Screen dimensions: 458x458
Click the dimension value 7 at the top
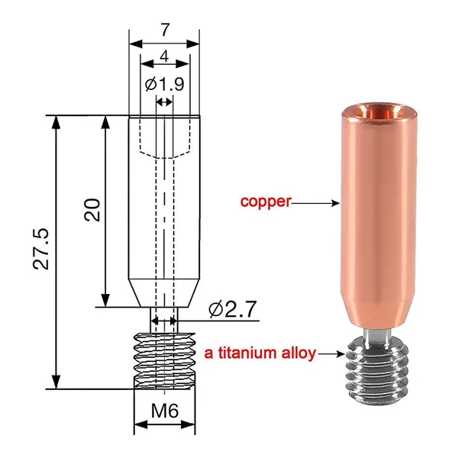pyautogui.click(x=165, y=30)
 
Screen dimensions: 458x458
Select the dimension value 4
pyautogui.click(x=165, y=56)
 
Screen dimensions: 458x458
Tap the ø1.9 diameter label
pyautogui.click(x=165, y=85)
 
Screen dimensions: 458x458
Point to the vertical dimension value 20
pyautogui.click(x=92, y=210)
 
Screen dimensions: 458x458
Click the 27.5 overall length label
pyautogui.click(x=40, y=249)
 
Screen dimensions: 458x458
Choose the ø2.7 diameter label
pyautogui.click(x=233, y=309)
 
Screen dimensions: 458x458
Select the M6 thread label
pyautogui.click(x=165, y=411)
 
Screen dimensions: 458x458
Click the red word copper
pyautogui.click(x=266, y=202)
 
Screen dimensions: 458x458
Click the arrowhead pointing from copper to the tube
pyautogui.click(x=336, y=203)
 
